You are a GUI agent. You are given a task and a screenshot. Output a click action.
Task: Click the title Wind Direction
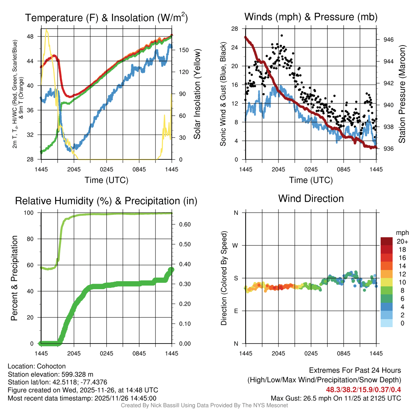click(311, 199)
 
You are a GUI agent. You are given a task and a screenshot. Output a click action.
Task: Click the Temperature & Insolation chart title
click(106, 18)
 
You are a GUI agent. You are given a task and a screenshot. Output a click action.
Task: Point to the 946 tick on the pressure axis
click(388, 40)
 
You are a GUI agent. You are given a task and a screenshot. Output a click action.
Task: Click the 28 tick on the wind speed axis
click(235, 29)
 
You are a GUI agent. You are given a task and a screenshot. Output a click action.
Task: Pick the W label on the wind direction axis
click(236, 245)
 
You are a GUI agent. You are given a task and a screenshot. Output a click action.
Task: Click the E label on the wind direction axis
click(236, 311)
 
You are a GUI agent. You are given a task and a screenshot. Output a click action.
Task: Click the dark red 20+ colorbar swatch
click(387, 241)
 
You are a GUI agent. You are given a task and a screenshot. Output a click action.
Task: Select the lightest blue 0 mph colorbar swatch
click(387, 323)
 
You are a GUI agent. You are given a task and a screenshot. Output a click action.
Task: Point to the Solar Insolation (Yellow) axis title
click(197, 94)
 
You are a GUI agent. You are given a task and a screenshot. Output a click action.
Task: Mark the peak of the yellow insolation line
click(47, 30)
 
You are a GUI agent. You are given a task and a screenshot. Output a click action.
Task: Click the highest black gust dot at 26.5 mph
click(282, 36)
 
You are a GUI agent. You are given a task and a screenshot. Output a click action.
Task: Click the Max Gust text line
click(336, 398)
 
